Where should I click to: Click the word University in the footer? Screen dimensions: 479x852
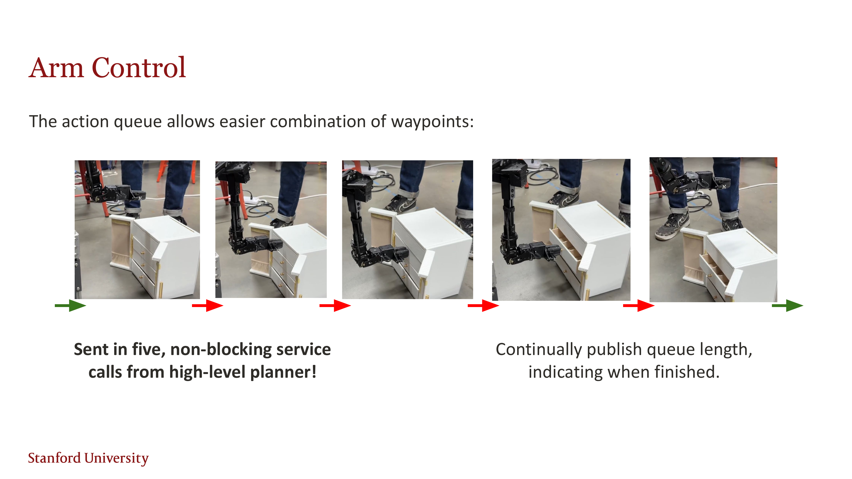coord(116,459)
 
